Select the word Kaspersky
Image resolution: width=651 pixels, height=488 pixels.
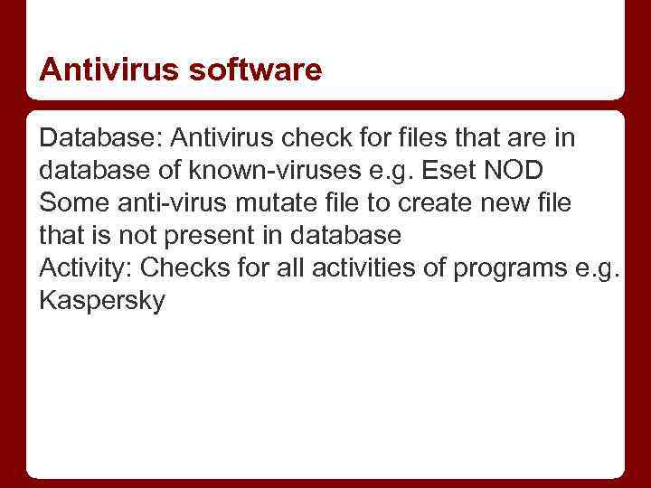(x=102, y=301)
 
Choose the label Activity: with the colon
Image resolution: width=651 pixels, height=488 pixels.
(x=86, y=268)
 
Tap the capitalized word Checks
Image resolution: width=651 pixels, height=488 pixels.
(x=183, y=268)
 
